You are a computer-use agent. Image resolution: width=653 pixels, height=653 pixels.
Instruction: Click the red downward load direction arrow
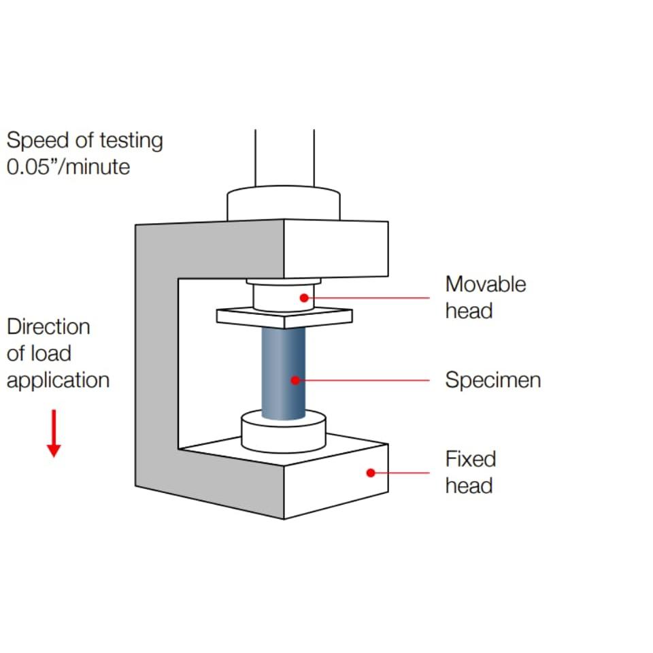tap(54, 433)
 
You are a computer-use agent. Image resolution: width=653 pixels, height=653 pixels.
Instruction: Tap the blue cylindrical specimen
tap(283, 373)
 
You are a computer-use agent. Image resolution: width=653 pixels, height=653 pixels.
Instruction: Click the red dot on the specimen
tap(295, 380)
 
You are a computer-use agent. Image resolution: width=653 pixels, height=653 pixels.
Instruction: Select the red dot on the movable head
tap(304, 298)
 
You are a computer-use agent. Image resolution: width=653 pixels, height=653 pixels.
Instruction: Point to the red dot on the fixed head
tap(371, 473)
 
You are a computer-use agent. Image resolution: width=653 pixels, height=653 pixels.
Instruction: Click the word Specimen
tap(493, 380)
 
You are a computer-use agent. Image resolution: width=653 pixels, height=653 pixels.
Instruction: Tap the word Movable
tap(486, 284)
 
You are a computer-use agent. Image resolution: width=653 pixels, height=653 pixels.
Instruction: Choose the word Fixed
tap(471, 459)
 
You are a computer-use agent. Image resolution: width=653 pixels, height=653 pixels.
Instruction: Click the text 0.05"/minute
tap(68, 167)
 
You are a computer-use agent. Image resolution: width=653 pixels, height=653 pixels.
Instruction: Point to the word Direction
tap(48, 327)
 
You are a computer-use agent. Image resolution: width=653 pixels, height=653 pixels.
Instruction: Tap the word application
tap(58, 381)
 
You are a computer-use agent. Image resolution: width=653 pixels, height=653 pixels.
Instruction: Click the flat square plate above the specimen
tap(284, 318)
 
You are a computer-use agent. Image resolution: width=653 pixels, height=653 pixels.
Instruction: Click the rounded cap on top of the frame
tap(284, 203)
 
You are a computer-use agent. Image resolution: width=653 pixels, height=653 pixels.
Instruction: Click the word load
tap(51, 354)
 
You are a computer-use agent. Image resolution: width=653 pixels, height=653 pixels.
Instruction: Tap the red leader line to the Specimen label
tap(363, 380)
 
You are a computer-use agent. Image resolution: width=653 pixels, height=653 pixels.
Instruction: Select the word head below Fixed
tap(469, 486)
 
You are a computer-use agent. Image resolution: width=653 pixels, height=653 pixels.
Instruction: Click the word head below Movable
tap(469, 311)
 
